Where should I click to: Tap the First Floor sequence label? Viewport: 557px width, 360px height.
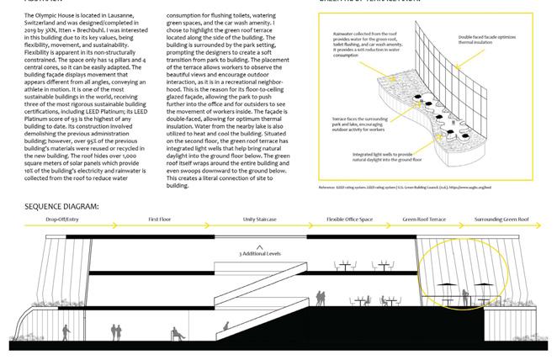click(x=160, y=220)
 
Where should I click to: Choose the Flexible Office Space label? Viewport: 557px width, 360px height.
click(x=349, y=220)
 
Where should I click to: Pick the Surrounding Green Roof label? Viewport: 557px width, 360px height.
click(x=502, y=220)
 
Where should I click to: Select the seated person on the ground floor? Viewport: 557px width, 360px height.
click(x=176, y=335)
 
